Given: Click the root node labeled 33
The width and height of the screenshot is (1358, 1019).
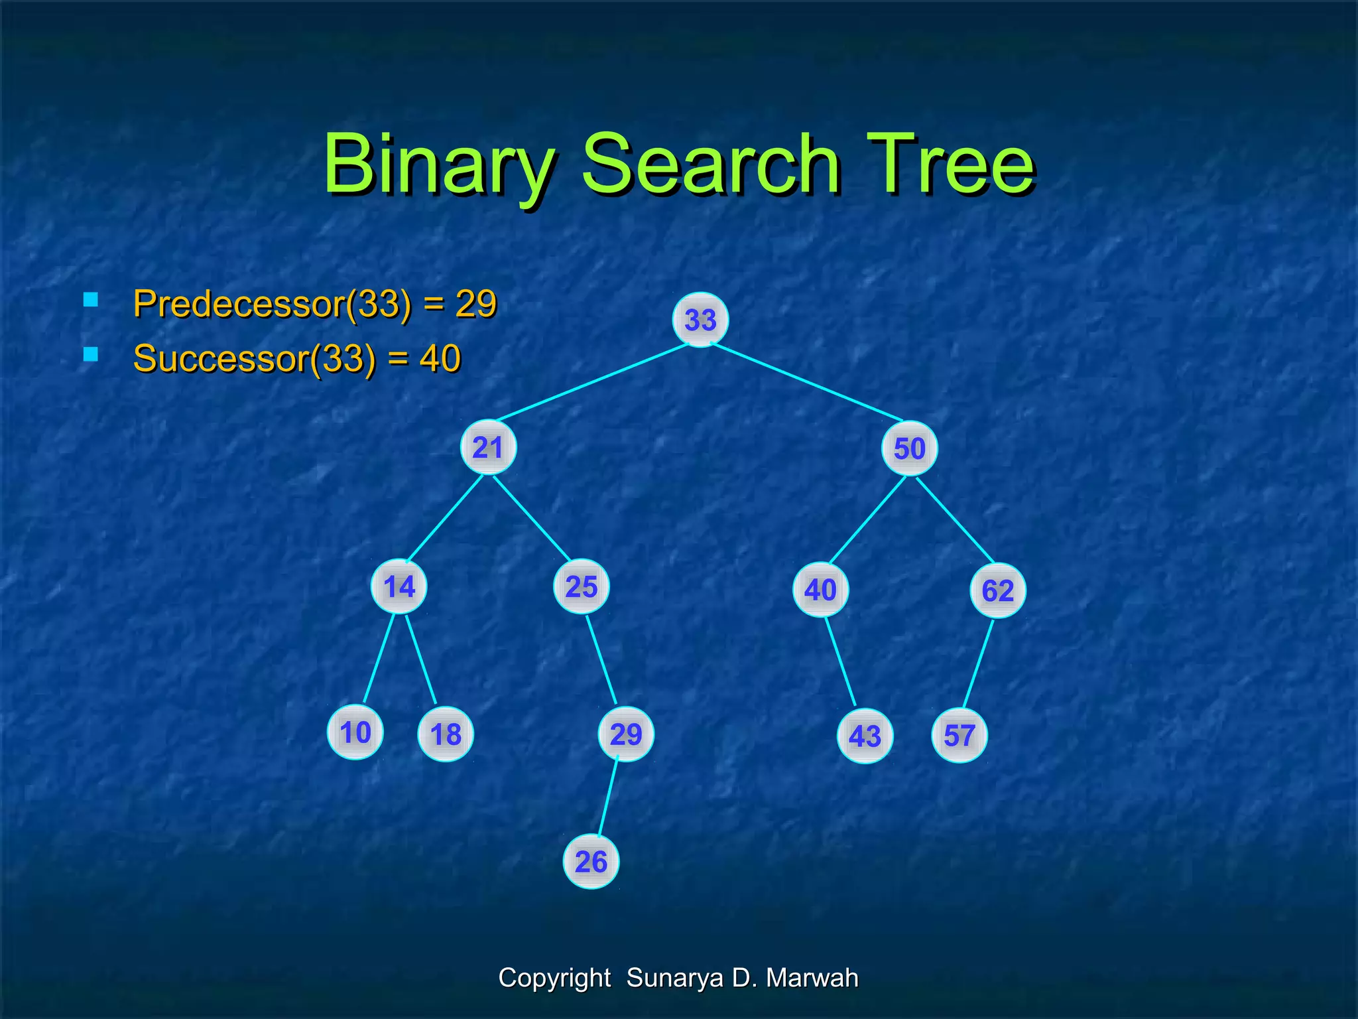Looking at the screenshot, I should (700, 320).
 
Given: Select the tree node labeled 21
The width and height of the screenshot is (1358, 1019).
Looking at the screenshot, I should (488, 448).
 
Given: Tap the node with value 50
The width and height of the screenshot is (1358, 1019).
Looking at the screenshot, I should (909, 449).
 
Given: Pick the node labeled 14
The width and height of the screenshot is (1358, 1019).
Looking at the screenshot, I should (399, 586).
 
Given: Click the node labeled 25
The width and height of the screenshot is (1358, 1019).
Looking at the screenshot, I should (581, 586).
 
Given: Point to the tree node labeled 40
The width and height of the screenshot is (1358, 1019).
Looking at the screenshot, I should (820, 590).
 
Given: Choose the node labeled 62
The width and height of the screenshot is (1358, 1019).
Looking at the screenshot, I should (997, 590).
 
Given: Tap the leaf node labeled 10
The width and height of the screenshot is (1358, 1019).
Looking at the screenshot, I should (355, 732).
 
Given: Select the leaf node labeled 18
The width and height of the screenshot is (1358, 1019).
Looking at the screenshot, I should (446, 734).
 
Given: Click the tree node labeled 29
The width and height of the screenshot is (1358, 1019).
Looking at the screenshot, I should (625, 734).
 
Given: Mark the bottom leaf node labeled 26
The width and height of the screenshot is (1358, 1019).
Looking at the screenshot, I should (591, 862).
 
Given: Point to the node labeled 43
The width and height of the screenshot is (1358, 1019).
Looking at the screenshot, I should (865, 736).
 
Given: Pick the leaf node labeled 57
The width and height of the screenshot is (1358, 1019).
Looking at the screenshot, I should (959, 736).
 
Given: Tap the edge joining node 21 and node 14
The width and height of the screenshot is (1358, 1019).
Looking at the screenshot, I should (445, 519).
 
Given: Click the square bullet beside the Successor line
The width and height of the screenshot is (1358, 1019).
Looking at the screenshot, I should (91, 354).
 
